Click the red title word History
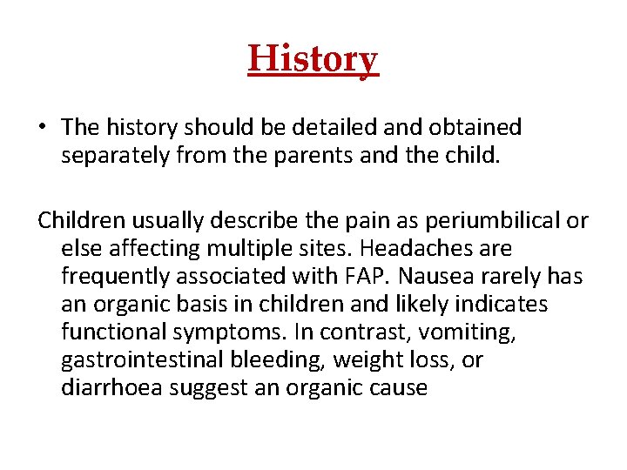(313, 60)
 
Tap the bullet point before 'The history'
(43, 128)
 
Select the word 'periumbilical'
(502, 221)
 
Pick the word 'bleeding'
(290, 360)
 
